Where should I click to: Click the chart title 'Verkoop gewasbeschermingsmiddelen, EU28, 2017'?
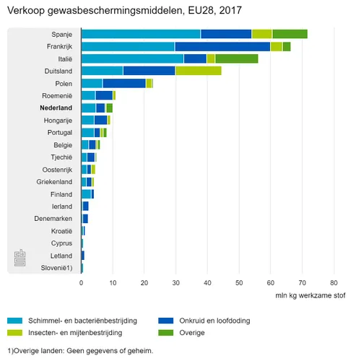124,11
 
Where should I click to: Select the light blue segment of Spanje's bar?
141,34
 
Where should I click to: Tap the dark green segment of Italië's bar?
236,58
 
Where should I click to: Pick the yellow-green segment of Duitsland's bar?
198,71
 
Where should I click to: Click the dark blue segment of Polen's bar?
124,83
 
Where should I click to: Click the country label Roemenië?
55,95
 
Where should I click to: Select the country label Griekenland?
53,182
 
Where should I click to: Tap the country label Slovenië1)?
55,268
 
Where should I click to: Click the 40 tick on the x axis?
208,284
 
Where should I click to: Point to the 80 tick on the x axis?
334,284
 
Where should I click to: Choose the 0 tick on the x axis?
82,284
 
